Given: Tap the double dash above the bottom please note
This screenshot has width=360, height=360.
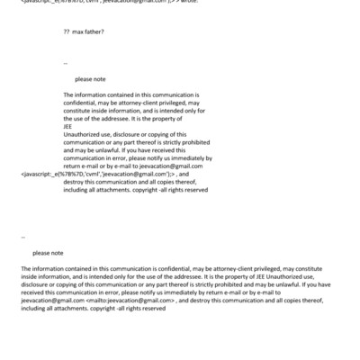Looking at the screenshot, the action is [22, 237].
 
